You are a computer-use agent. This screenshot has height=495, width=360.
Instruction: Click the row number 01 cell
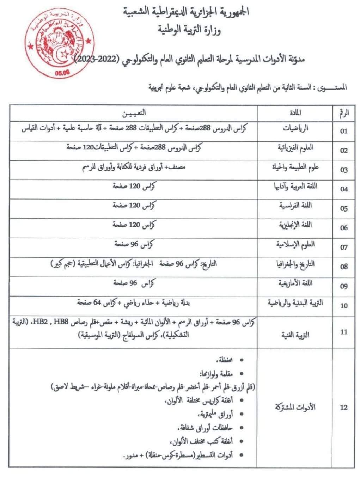pyautogui.click(x=344, y=131)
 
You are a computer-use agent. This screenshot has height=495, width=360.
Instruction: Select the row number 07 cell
pyautogui.click(x=344, y=248)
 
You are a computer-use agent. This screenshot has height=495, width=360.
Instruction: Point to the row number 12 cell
pyautogui.click(x=344, y=408)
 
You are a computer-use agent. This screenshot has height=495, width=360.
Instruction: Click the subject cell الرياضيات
pyautogui.click(x=295, y=128)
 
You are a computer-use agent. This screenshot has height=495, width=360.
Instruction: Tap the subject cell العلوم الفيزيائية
pyautogui.click(x=295, y=148)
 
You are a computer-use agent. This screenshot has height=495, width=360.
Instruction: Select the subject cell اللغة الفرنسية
pyautogui.click(x=295, y=206)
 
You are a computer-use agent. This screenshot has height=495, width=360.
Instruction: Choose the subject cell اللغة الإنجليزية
pyautogui.click(x=295, y=225)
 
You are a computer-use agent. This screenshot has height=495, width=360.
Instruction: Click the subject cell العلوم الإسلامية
pyautogui.click(x=295, y=244)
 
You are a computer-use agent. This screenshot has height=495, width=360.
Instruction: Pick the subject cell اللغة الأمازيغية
pyautogui.click(x=295, y=283)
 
